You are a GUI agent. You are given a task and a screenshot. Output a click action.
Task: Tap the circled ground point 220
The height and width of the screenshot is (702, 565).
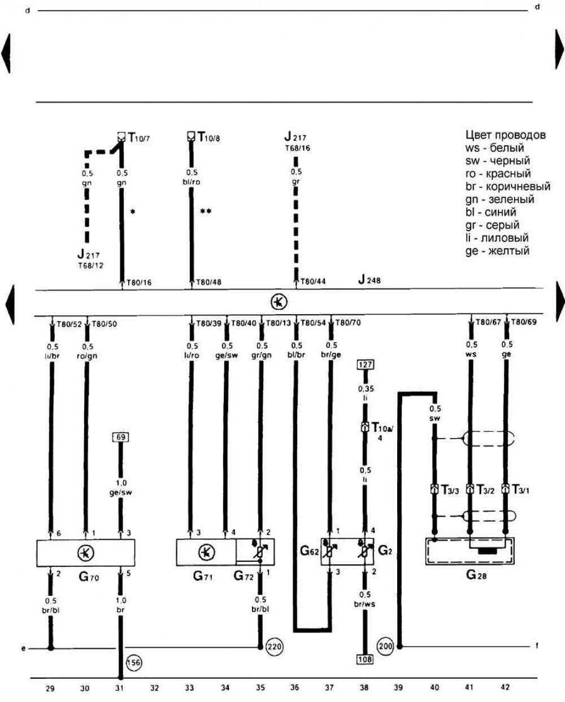(x=274, y=646)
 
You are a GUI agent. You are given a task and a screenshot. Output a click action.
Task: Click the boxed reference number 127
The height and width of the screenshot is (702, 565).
(x=366, y=365)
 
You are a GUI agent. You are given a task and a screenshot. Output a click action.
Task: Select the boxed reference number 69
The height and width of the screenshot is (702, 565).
(x=120, y=437)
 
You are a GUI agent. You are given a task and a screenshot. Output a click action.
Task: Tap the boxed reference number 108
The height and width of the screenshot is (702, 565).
(x=365, y=658)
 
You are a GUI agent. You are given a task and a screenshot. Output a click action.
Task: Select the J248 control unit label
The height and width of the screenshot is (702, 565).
(x=369, y=280)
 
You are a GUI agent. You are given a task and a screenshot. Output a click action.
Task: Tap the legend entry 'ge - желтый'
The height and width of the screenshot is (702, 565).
(x=497, y=251)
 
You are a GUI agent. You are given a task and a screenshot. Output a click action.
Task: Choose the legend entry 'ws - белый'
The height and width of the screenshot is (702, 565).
(x=495, y=148)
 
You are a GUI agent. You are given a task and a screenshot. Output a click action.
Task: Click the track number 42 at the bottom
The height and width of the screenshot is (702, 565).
(x=505, y=687)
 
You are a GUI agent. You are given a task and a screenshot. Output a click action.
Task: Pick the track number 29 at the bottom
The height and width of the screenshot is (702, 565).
(x=50, y=688)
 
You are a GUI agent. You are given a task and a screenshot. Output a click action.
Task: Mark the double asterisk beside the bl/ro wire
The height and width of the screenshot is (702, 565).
(x=206, y=211)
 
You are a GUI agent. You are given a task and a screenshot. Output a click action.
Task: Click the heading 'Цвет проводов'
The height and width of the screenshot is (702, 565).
(x=506, y=135)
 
